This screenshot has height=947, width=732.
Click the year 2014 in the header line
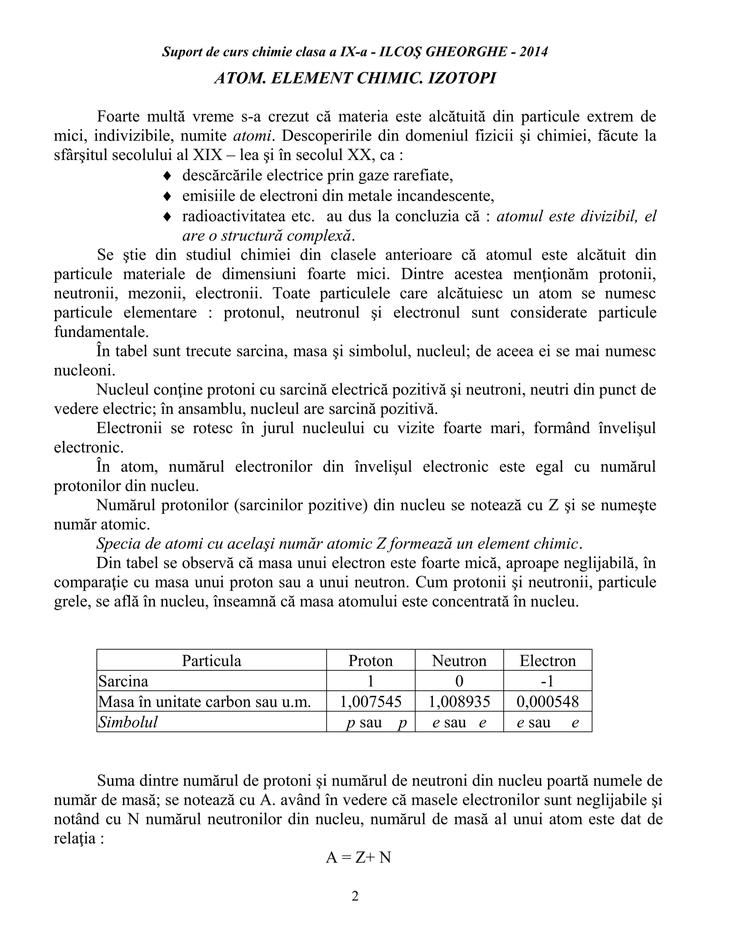pyautogui.click(x=533, y=52)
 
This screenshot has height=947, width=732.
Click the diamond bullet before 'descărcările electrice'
pyautogui.click(x=167, y=176)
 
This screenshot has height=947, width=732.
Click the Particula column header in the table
pyautogui.click(x=211, y=660)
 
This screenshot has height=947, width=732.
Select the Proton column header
pyautogui.click(x=370, y=660)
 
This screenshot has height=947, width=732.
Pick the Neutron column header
pyautogui.click(x=459, y=660)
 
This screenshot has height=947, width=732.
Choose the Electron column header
pyautogui.click(x=547, y=660)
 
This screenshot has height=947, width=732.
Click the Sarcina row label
pyautogui.click(x=124, y=681)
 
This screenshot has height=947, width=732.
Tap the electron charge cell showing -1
pyautogui.click(x=547, y=681)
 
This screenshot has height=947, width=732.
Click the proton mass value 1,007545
pyautogui.click(x=370, y=701)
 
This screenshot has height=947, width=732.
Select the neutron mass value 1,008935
pyautogui.click(x=459, y=701)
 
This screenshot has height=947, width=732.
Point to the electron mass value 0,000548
pyautogui.click(x=547, y=701)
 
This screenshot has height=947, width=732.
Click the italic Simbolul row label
pyautogui.click(x=128, y=722)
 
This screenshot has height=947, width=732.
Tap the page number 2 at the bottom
pyautogui.click(x=355, y=896)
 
